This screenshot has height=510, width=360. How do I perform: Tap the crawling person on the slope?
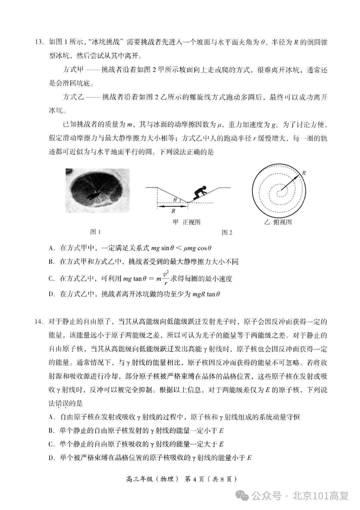pos(200,193)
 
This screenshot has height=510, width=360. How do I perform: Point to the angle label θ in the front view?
pos(175,200)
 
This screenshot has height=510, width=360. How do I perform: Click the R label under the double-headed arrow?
pos(173,211)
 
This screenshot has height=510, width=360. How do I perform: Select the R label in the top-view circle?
pos(304,173)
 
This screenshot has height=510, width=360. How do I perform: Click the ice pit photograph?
pos(97,190)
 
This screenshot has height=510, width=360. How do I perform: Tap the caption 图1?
pos(95,232)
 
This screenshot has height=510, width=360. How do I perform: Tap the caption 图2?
pos(227,232)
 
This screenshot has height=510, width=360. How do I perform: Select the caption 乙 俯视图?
pos(278,222)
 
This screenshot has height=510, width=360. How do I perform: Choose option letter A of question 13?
pos(51,248)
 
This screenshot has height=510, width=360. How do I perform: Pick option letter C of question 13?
pos(51,279)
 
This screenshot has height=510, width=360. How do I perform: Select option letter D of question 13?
pos(51,294)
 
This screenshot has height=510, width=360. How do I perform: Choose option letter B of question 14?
pos(51,431)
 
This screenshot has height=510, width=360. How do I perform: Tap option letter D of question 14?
pos(51,458)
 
